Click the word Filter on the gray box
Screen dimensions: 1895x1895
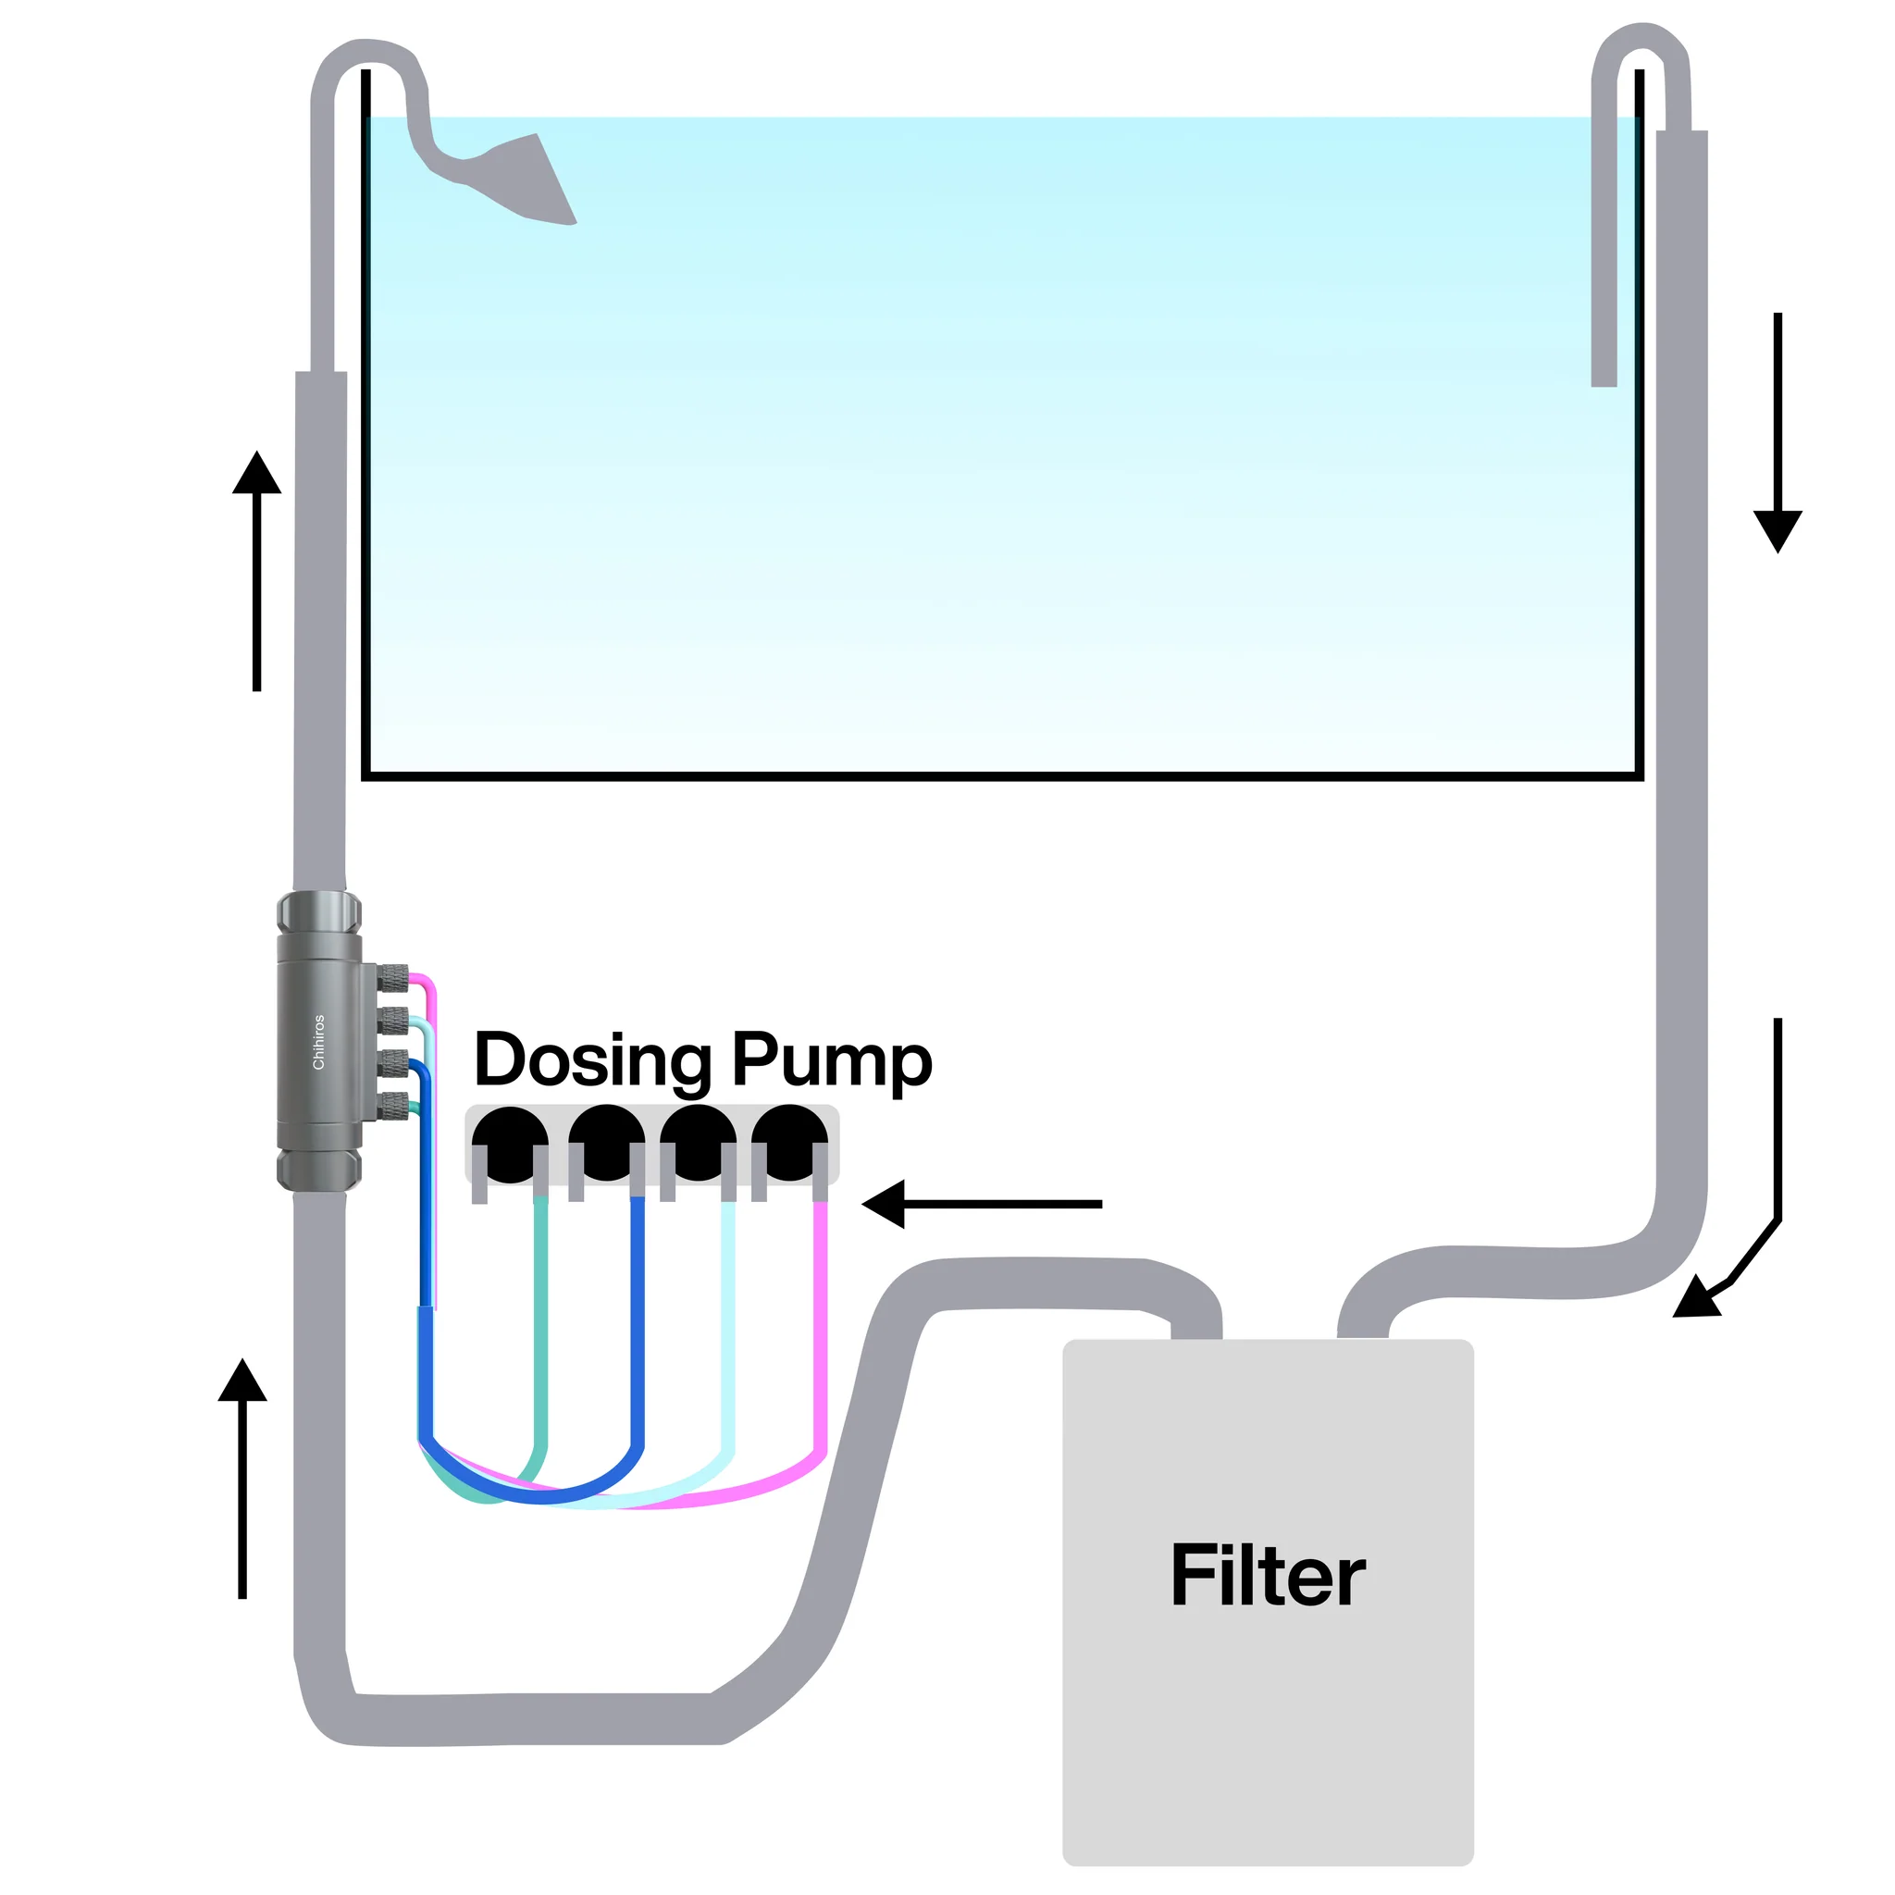pos(1268,1575)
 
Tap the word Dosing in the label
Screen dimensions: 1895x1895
pos(592,1061)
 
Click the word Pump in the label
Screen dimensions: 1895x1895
pos(832,1061)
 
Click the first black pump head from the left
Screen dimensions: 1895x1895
pos(509,1144)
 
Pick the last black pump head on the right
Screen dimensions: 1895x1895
pos(789,1144)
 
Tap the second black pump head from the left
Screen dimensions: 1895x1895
pos(606,1144)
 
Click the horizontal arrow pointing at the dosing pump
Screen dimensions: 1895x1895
pos(981,1204)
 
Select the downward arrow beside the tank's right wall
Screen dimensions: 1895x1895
pos(1777,431)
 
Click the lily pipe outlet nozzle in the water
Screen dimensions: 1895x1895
pos(529,181)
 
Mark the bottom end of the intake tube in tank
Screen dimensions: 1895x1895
pos(1604,377)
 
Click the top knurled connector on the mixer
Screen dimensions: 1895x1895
pos(393,976)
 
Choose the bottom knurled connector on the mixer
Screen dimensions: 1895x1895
pos(393,1106)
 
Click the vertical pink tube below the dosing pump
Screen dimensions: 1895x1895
pos(821,1324)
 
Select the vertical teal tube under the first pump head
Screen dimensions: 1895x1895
pos(540,1324)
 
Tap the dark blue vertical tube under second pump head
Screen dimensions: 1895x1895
pos(638,1324)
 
